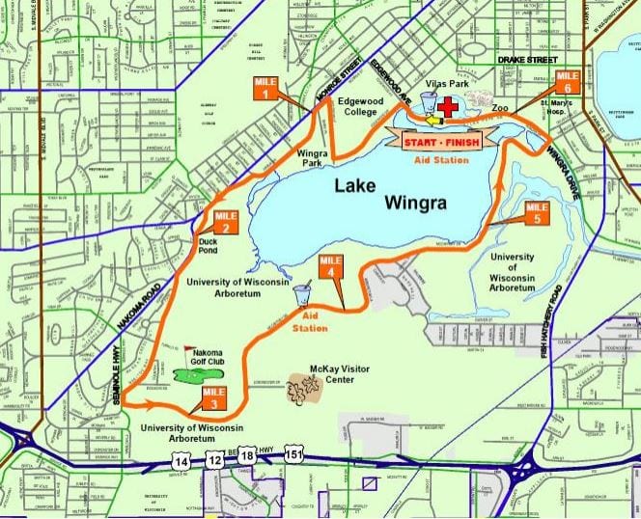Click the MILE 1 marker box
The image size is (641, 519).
coord(265,88)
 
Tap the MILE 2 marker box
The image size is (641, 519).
coord(224,222)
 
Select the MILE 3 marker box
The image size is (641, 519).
coord(213,397)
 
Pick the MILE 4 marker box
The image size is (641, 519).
coord(331,265)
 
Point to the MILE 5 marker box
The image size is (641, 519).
coord(536,214)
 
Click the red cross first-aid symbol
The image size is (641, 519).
coord(448,107)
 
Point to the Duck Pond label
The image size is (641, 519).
coord(208,247)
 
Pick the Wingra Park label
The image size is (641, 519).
coord(311,156)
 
